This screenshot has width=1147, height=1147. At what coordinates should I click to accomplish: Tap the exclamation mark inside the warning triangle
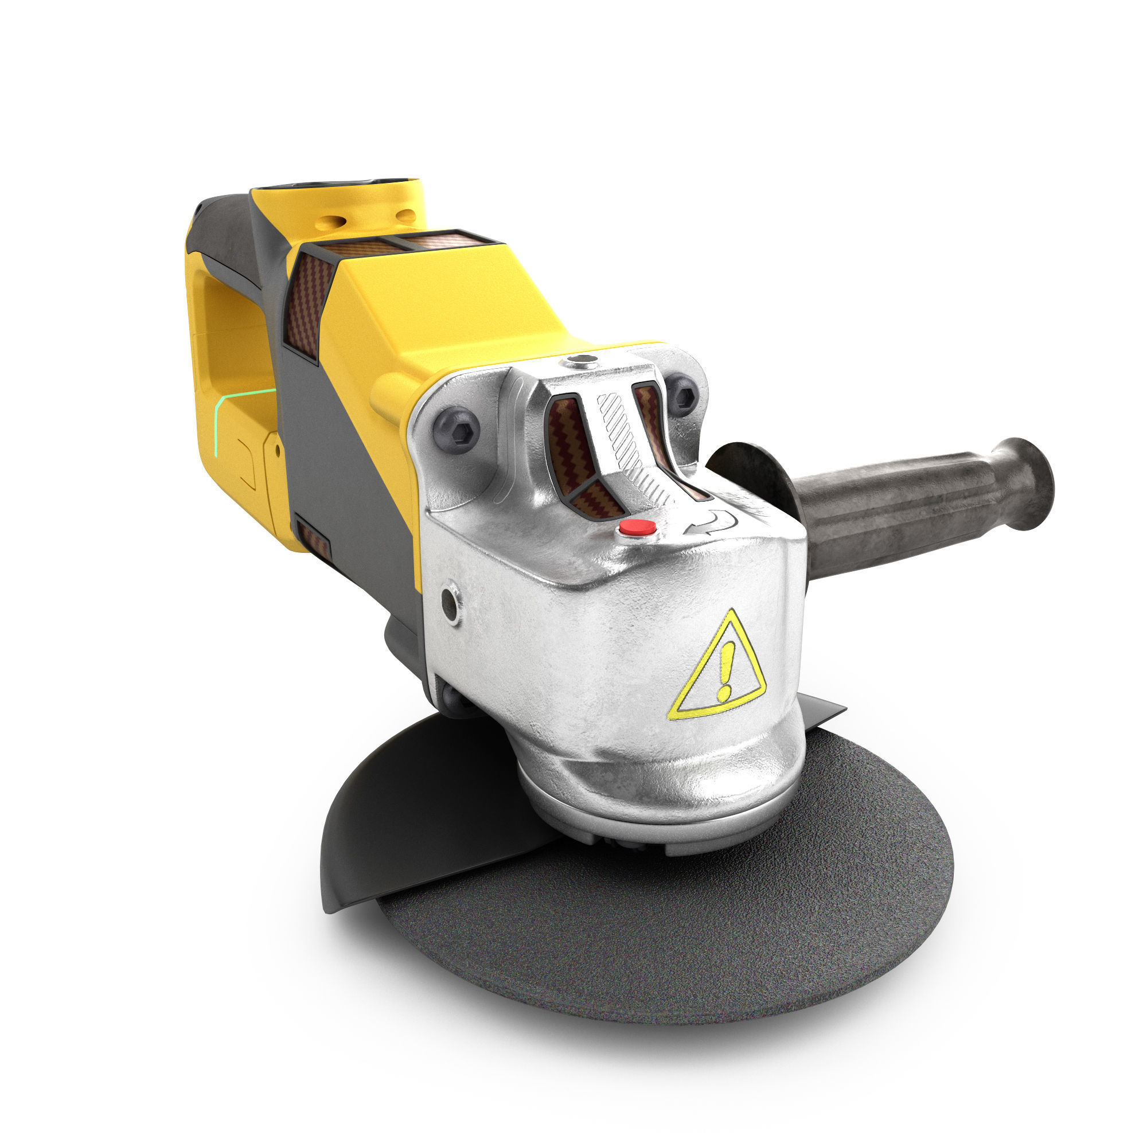725,671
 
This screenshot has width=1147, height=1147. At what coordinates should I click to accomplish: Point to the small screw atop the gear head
580,360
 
